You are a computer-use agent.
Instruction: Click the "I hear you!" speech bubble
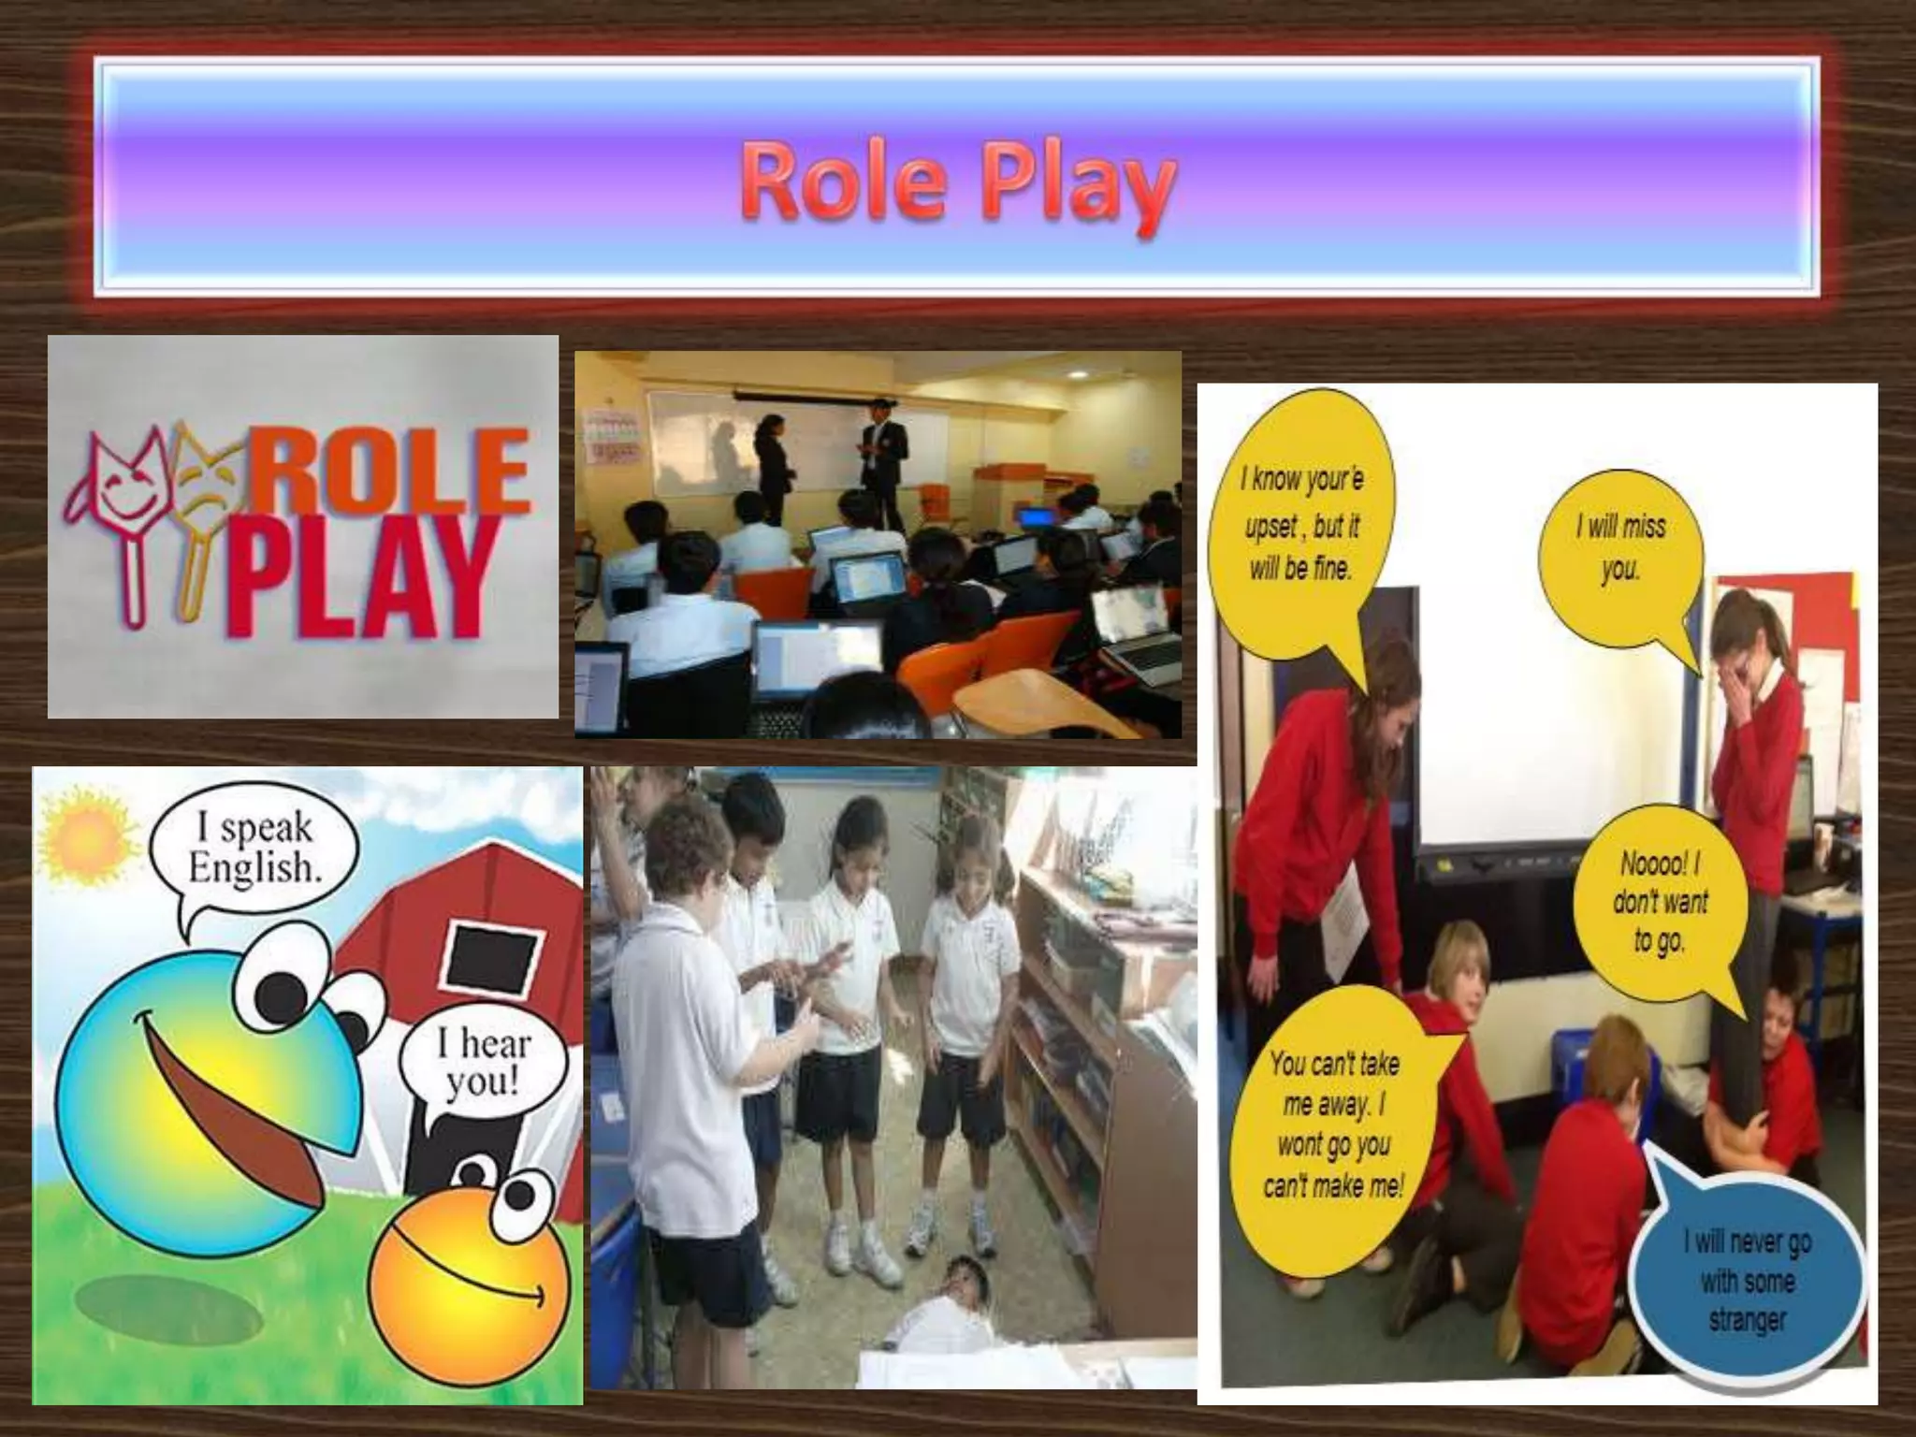coord(483,1063)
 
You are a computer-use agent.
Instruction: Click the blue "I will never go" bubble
coord(1746,1281)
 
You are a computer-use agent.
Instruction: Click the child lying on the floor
coord(945,1306)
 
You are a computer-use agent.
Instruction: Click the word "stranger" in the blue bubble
coord(1747,1320)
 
